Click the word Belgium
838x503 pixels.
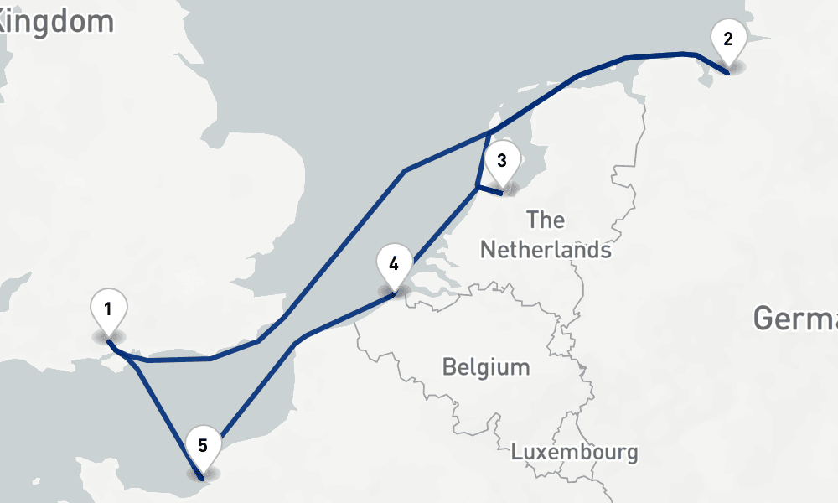(486, 367)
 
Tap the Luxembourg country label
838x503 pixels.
(574, 453)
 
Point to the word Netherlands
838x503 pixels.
(545, 250)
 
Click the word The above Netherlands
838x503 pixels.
(546, 220)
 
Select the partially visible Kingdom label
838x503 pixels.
(55, 22)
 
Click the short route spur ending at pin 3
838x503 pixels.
(489, 190)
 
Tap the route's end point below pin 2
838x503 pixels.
(728, 73)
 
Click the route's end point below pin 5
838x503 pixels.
(202, 478)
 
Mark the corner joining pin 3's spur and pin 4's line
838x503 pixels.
(477, 186)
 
